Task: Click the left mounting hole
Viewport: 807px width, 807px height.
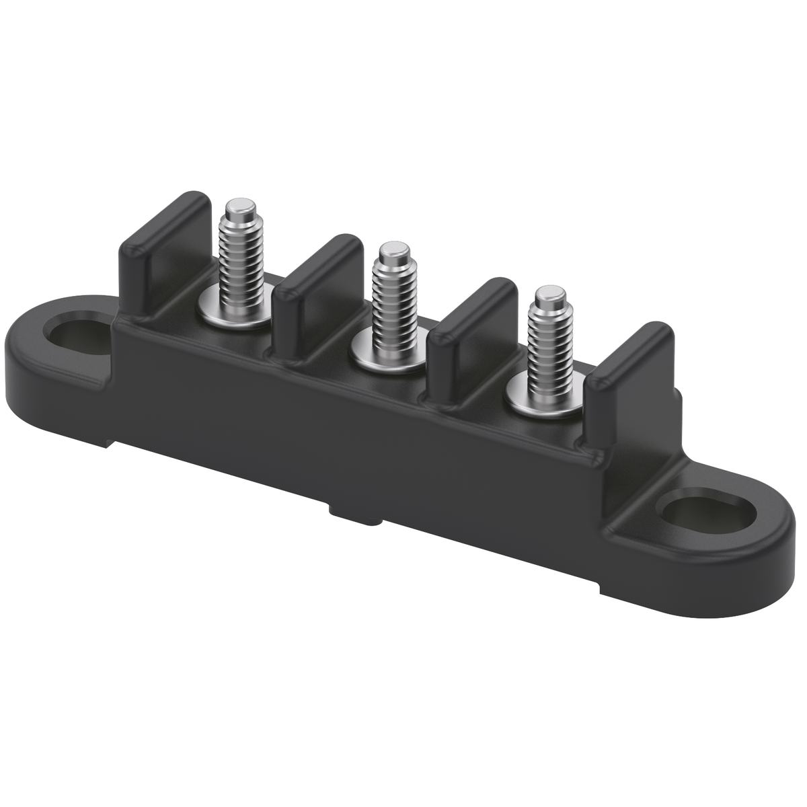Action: click(75, 332)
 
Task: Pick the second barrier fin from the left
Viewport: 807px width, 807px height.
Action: click(316, 289)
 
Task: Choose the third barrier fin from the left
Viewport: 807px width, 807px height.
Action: click(471, 333)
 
